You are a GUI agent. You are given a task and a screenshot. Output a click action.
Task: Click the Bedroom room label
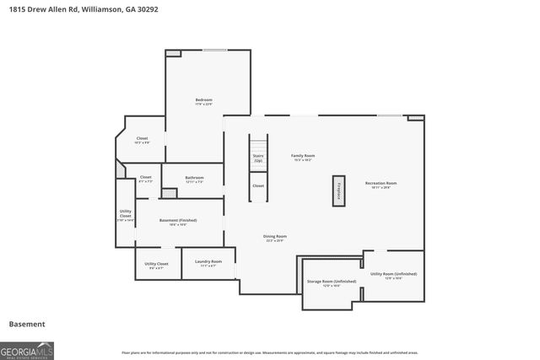click(203, 100)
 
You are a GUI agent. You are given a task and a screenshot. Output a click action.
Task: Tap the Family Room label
click(303, 156)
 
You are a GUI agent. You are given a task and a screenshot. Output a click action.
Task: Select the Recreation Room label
click(381, 184)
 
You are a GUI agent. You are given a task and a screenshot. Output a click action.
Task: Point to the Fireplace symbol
click(339, 191)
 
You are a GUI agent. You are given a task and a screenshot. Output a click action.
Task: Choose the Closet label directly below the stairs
click(258, 185)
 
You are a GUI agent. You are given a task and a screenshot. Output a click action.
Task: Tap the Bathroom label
click(195, 178)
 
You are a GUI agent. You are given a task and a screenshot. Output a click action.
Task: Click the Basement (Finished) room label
click(178, 221)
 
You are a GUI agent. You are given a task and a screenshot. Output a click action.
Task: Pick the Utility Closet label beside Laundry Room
click(156, 264)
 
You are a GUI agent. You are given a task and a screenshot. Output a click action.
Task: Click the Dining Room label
click(275, 237)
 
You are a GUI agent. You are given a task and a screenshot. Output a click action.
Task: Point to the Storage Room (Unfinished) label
click(331, 282)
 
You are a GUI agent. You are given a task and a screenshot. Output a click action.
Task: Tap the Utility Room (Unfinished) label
click(392, 275)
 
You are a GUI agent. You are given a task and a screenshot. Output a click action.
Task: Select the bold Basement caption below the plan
click(27, 324)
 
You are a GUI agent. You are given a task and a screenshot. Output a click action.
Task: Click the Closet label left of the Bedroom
click(142, 139)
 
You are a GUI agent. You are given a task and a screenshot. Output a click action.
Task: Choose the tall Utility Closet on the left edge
click(125, 217)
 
